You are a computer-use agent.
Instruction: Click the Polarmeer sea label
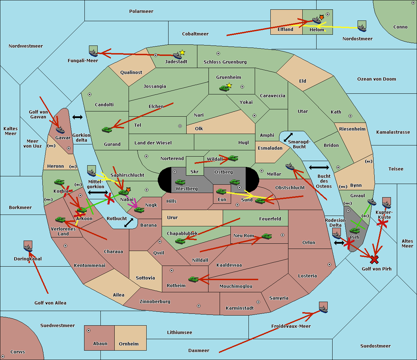pyautogui.click(x=141, y=11)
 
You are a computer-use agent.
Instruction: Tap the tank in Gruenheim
pyautogui.click(x=224, y=88)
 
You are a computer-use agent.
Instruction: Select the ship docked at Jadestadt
pyautogui.click(x=177, y=56)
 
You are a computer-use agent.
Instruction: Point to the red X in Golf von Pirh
pyautogui.click(x=374, y=259)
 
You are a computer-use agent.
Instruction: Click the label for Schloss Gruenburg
pyautogui.click(x=225, y=62)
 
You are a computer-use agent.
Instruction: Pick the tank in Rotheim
pyautogui.click(x=193, y=279)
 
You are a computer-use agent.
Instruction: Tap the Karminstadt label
pyautogui.click(x=240, y=308)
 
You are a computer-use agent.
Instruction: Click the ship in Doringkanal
pyautogui.click(x=28, y=248)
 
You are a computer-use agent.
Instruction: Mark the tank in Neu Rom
pyautogui.click(x=267, y=236)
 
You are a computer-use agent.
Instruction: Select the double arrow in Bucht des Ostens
pyautogui.click(x=319, y=168)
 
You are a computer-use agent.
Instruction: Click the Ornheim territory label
pyautogui.click(x=129, y=344)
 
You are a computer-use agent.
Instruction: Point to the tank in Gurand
pyautogui.click(x=107, y=129)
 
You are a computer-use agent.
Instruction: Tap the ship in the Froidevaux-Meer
pyautogui.click(x=323, y=309)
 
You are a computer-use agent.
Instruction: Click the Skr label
pyautogui.click(x=195, y=171)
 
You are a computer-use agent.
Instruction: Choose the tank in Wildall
pyautogui.click(x=233, y=158)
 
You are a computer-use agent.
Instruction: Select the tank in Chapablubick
pyautogui.click(x=180, y=241)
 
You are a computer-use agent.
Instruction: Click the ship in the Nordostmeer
pyautogui.click(x=362, y=27)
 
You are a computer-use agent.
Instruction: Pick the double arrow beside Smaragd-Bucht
pyautogui.click(x=288, y=137)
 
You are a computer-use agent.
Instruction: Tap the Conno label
pyautogui.click(x=400, y=27)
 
